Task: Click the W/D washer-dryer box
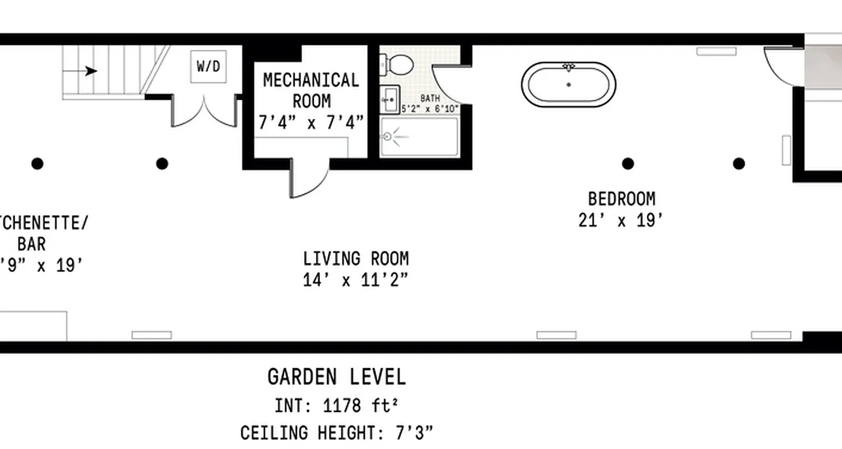tap(208, 66)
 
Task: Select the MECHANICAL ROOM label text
tap(311, 90)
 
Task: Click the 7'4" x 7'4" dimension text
tap(311, 123)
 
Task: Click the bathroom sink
tap(389, 99)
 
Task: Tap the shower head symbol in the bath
tap(387, 136)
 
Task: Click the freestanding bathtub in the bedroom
tap(569, 84)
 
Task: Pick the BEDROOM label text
tap(621, 199)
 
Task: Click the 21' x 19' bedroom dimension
tap(621, 220)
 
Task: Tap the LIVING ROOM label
tap(356, 259)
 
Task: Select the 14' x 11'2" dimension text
tap(356, 280)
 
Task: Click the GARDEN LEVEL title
tap(336, 377)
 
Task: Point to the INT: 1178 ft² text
tap(337, 405)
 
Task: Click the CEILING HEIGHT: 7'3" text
tap(337, 433)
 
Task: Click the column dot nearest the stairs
tap(162, 164)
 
